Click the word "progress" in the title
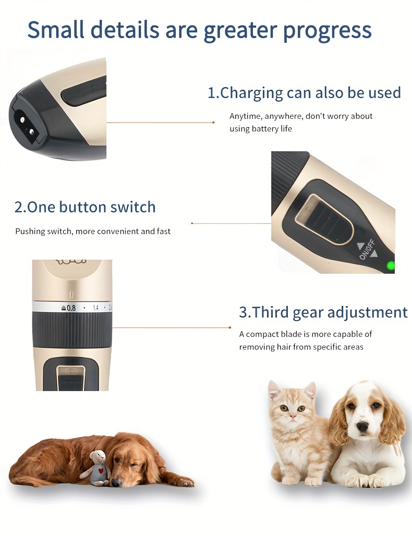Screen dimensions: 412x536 [x=327, y=30]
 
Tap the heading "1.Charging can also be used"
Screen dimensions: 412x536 [x=304, y=93]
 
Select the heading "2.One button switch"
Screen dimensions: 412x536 [x=85, y=207]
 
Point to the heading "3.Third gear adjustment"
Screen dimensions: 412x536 [x=323, y=312]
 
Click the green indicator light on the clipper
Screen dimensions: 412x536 [x=390, y=265]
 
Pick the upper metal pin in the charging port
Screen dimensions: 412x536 [x=22, y=119]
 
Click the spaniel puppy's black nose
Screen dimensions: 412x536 [x=362, y=427]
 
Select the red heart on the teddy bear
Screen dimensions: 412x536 [x=101, y=471]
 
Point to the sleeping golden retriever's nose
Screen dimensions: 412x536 [x=117, y=483]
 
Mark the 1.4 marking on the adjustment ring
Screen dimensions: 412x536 [x=96, y=308]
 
